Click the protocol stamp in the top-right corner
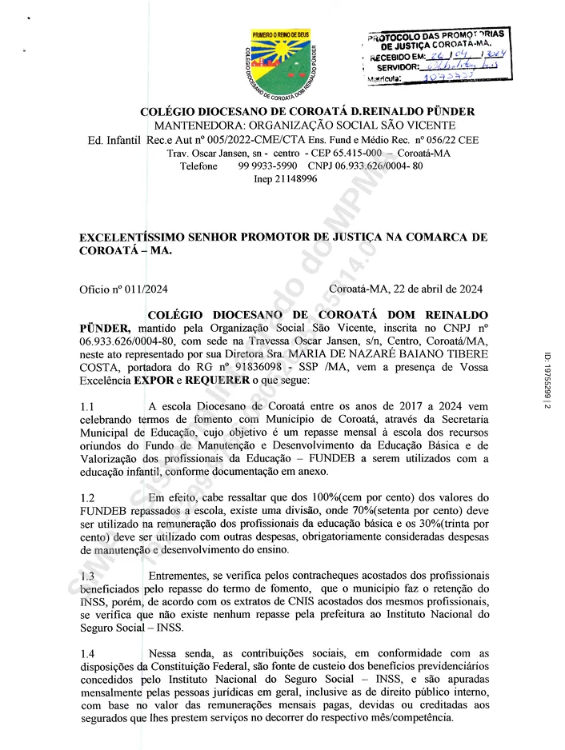(436, 57)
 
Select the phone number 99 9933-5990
(267, 166)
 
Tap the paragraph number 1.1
(87, 408)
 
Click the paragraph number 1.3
(87, 576)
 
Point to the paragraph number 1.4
(87, 654)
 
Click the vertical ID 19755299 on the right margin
(548, 381)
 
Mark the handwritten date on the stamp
(473, 57)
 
